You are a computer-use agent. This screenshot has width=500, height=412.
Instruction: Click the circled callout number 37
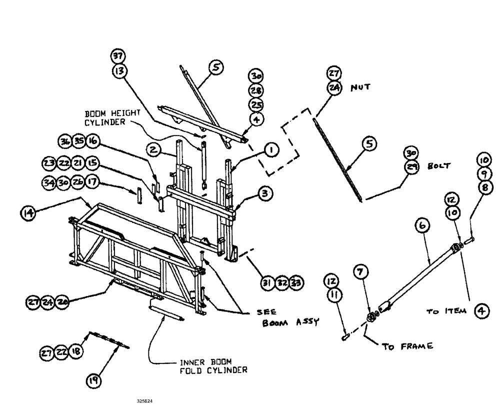[x=119, y=56]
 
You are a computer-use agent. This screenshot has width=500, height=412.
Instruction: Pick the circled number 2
[x=153, y=149]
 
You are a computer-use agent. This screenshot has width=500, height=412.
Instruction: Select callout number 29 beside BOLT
[x=412, y=168]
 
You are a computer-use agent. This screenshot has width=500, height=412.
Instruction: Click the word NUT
[x=361, y=87]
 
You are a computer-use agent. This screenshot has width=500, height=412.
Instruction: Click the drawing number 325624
[x=145, y=401]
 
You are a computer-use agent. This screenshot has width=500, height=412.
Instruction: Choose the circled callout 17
[x=92, y=184]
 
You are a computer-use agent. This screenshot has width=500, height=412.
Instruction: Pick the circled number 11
[x=332, y=295]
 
